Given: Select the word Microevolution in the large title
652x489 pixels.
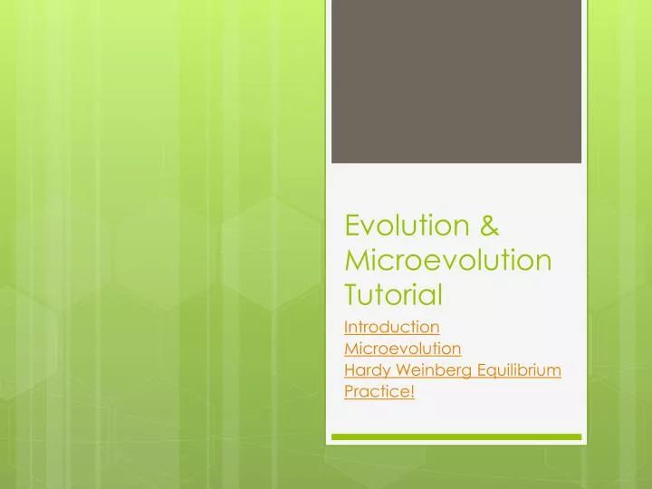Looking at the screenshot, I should [x=448, y=260].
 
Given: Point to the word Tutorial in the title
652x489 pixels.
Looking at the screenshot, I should [x=393, y=294].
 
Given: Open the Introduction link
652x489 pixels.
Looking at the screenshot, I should [x=392, y=327].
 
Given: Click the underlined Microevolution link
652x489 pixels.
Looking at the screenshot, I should [x=403, y=349].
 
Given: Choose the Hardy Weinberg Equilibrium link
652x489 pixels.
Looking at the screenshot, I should [x=453, y=370].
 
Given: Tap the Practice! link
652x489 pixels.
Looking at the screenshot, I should [x=379, y=392].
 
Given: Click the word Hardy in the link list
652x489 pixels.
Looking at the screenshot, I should [x=366, y=370].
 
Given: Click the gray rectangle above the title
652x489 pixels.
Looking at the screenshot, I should [x=455, y=81].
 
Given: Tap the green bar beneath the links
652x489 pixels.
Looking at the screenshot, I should [x=455, y=436].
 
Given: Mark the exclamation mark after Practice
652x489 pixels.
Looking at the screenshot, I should [x=412, y=392].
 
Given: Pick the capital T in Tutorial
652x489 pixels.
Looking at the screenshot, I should [x=353, y=294].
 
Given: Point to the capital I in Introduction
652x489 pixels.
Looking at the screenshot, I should [x=347, y=327].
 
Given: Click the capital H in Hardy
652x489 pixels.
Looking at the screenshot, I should [x=350, y=370].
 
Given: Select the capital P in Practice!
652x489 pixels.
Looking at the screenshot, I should [x=350, y=392].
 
